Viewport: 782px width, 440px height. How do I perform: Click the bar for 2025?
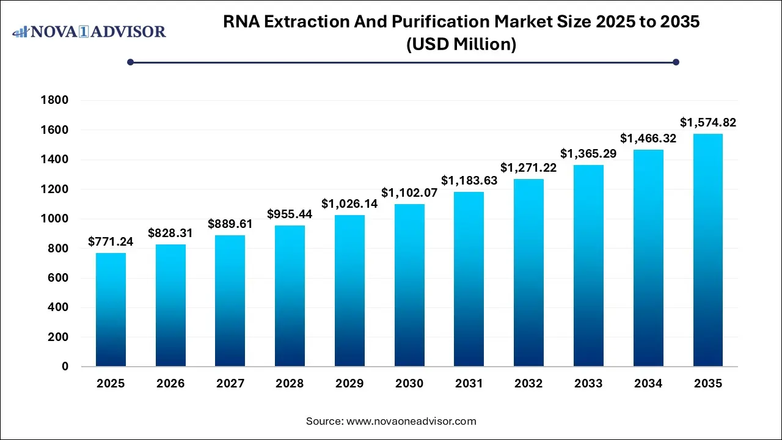point(111,310)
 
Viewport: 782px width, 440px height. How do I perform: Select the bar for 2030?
point(409,285)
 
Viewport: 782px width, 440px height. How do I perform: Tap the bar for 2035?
point(708,251)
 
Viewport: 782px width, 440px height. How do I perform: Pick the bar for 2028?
point(290,296)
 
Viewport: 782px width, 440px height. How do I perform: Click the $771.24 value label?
point(111,242)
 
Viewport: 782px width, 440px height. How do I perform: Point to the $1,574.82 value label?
point(708,123)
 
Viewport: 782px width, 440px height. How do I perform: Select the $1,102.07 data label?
point(409,193)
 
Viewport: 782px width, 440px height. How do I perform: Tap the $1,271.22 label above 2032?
point(528,167)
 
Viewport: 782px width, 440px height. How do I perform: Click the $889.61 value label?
point(230,224)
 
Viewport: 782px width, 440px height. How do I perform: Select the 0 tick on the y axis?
point(65,367)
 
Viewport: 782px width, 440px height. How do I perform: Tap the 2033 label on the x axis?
point(588,384)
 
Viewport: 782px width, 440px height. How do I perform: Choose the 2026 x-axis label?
point(170,384)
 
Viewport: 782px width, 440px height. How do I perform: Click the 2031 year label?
point(469,384)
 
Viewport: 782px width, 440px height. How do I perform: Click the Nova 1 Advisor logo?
point(89,31)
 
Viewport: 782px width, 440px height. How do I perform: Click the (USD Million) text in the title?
point(461,45)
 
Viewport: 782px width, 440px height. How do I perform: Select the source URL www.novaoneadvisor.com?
point(411,421)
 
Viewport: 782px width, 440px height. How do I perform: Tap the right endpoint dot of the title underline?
point(676,62)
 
